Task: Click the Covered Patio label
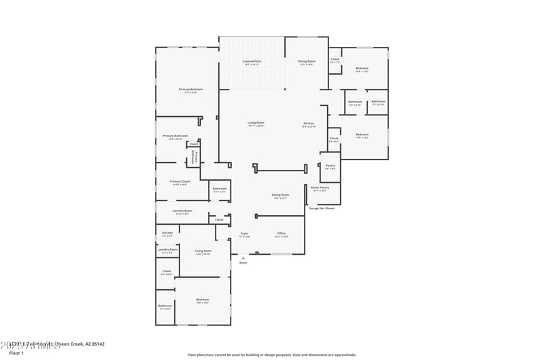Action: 252,62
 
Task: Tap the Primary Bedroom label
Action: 190,89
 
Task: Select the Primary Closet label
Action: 180,181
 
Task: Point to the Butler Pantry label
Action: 320,187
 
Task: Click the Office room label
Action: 281,233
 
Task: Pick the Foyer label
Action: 244,233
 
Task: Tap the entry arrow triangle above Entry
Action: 243,258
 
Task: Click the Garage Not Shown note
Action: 322,209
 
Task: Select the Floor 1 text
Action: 16,353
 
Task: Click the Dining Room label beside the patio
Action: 306,62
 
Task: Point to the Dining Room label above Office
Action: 281,195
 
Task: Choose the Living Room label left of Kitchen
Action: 256,123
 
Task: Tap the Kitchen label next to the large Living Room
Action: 309,123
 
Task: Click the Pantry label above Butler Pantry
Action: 330,166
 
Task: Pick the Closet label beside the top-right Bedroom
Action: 335,59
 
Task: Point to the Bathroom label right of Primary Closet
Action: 219,189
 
